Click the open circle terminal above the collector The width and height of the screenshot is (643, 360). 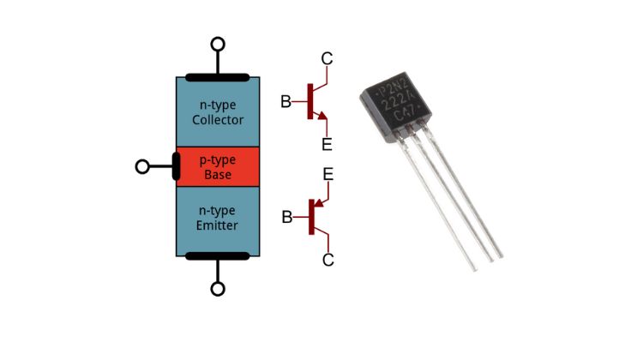pos(218,44)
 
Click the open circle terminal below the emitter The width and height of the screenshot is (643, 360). pos(218,289)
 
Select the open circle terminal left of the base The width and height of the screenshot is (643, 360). pos(142,166)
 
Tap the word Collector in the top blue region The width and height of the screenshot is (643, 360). pos(218,120)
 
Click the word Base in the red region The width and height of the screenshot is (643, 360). pos(218,175)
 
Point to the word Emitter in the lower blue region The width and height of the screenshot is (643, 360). pos(217,225)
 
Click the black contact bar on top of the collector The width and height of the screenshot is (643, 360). pos(218,77)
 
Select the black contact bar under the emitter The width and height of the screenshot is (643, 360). pos(218,255)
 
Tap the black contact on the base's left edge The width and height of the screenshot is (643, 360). pos(176,166)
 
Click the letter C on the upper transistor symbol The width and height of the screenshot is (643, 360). pos(327,58)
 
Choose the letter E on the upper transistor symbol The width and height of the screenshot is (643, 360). pos(327,143)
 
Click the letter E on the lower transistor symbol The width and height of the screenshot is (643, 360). pos(328,175)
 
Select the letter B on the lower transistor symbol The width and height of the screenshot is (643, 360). pos(287,217)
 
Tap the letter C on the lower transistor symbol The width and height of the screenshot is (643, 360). pos(328,259)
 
